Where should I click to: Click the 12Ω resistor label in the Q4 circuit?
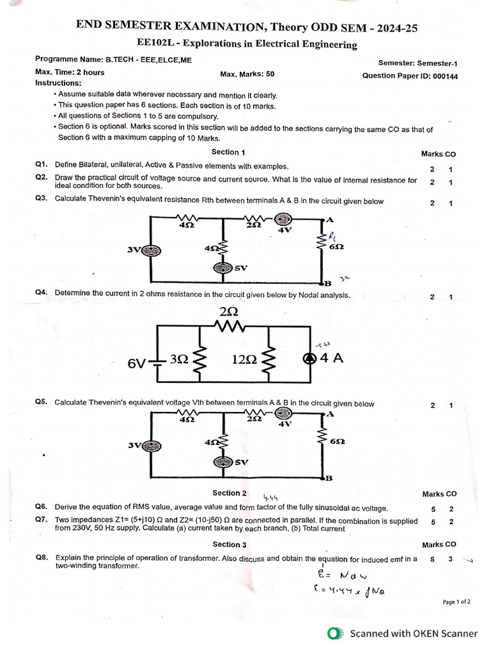pos(244,359)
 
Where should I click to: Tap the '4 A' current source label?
pos(332,358)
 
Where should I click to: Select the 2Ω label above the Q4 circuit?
pos(229,313)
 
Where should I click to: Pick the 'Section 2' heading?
pos(230,493)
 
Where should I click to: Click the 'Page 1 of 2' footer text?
pos(456,602)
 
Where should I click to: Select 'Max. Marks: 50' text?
pos(247,74)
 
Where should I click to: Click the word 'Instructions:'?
pos(58,83)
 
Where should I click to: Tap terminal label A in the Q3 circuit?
pos(330,220)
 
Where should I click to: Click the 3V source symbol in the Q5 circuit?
pos(151,444)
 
